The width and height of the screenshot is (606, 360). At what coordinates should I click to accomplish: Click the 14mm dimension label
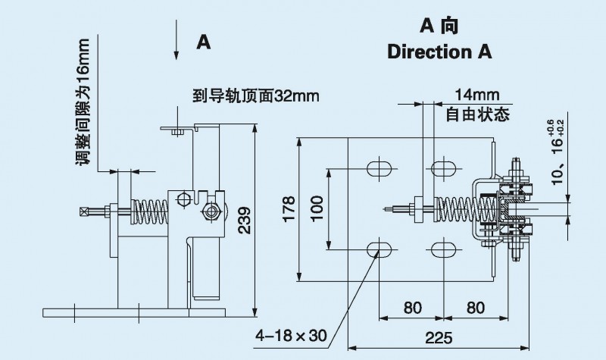click(477, 96)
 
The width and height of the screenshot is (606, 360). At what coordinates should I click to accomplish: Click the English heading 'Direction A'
click(439, 52)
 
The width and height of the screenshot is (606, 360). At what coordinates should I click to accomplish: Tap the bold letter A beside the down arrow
click(202, 42)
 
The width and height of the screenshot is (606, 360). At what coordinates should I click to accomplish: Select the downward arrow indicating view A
click(176, 41)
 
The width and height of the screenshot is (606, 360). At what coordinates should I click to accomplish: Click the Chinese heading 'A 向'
click(439, 25)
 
